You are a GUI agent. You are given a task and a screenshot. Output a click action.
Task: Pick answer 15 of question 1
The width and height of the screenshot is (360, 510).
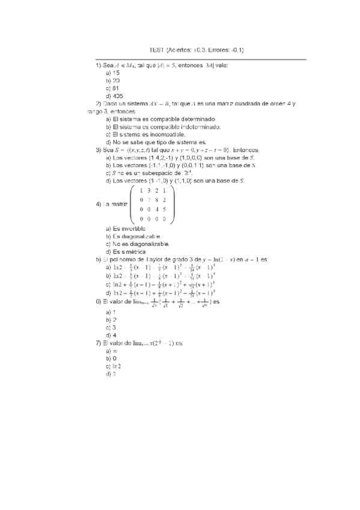[x=116, y=72]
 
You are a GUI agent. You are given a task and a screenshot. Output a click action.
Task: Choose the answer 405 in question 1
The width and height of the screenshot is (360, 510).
[x=118, y=96]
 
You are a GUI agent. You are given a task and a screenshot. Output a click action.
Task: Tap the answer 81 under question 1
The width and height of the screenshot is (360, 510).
[x=116, y=88]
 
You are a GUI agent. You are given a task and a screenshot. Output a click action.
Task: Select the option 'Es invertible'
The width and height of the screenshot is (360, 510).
[x=129, y=229]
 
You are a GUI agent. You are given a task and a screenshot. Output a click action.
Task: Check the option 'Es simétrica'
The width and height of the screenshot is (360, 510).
[x=129, y=252]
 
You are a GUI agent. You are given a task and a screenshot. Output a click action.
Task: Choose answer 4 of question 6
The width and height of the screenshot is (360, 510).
[x=114, y=335]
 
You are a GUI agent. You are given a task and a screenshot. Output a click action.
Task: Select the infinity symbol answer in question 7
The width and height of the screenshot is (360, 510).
[x=114, y=350]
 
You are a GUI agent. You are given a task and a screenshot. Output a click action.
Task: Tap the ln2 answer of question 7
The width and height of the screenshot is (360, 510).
[x=117, y=366]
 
